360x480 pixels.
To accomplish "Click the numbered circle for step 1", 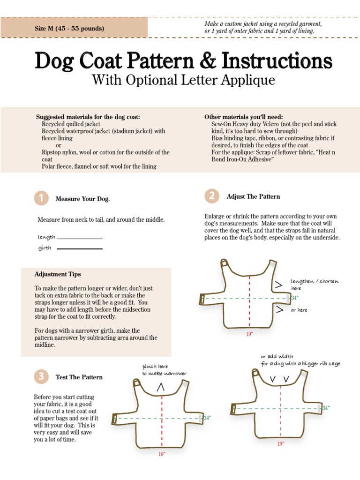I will click(x=41, y=198).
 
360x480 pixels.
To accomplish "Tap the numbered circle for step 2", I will click(x=212, y=196).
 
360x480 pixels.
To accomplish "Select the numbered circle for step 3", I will click(x=41, y=376).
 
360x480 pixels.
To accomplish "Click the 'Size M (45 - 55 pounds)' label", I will click(x=69, y=28).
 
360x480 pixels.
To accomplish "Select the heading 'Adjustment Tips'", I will click(x=58, y=274).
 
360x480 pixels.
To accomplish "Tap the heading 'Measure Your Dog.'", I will click(x=82, y=199).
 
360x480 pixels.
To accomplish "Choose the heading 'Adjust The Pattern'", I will click(x=253, y=196).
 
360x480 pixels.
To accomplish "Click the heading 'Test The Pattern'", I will click(x=79, y=377).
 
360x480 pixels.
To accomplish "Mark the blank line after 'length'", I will click(x=79, y=239).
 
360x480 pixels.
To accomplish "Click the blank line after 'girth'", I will click(x=79, y=249).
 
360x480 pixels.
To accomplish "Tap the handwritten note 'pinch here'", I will click(x=155, y=366).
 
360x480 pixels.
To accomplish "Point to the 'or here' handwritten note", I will click(x=299, y=310).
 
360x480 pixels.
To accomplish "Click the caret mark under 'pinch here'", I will click(x=161, y=387).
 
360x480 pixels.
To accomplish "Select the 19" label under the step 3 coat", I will click(x=162, y=454).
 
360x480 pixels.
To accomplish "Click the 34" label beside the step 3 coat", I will click(x=207, y=418).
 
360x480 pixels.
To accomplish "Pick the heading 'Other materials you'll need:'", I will click(x=243, y=117).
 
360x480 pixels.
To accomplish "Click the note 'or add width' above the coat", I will click(x=277, y=356).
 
